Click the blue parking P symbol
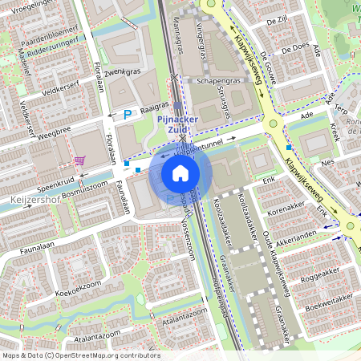click(x=127, y=116)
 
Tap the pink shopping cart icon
click(x=79, y=160)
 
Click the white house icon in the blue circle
click(x=180, y=172)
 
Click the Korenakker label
click(x=287, y=207)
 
